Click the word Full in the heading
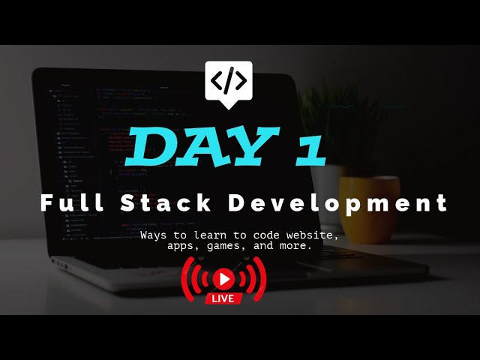tap(68, 202)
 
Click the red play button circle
tap(223, 279)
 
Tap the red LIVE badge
tap(223, 298)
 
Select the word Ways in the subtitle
tap(153, 235)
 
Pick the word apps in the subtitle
tap(184, 246)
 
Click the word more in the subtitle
tap(295, 245)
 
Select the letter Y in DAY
tap(250, 147)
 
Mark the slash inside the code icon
tap(229, 79)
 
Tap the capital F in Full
tap(47, 202)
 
